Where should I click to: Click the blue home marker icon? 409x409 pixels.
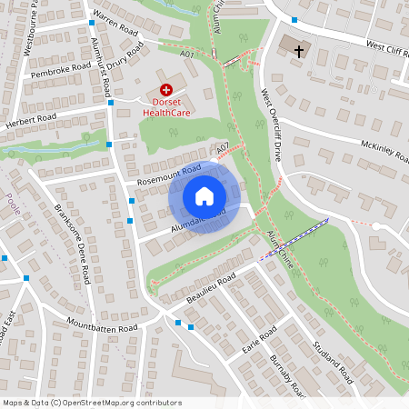pyautogui.click(x=204, y=195)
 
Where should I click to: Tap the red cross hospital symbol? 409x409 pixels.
pyautogui.click(x=166, y=89)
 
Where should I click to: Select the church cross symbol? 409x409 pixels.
pyautogui.click(x=299, y=52)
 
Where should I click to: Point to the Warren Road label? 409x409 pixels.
pyautogui.click(x=115, y=24)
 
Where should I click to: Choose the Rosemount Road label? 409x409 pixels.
pyautogui.click(x=168, y=174)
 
